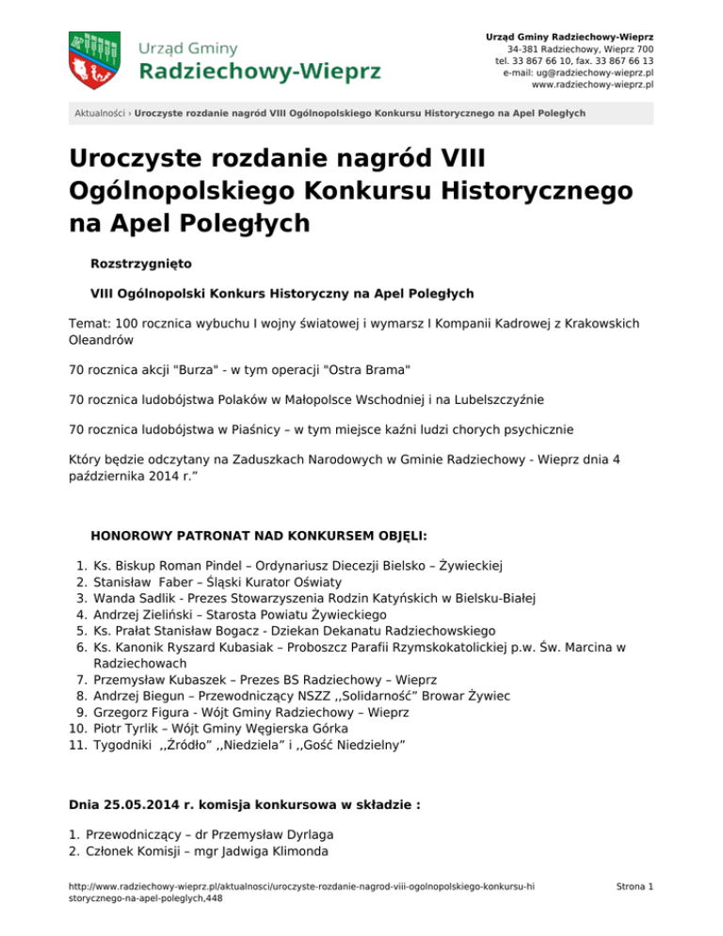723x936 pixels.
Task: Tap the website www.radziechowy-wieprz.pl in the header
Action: click(x=593, y=84)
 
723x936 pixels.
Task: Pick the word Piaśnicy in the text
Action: click(x=237, y=429)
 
